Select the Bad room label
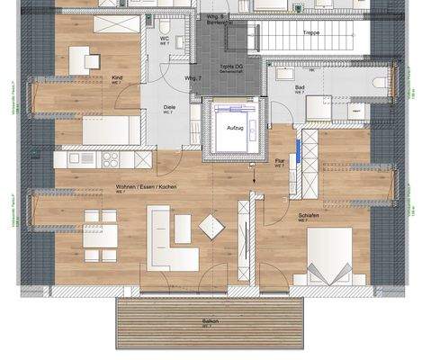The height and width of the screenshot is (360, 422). [300, 87]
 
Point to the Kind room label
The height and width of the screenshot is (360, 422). [117, 78]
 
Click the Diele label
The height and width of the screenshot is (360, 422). [168, 107]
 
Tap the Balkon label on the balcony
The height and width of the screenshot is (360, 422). [209, 320]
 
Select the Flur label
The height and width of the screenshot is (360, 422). [280, 162]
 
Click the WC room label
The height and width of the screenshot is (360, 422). [166, 39]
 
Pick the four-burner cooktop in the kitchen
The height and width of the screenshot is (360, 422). [110, 159]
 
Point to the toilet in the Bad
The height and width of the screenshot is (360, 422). [380, 82]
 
